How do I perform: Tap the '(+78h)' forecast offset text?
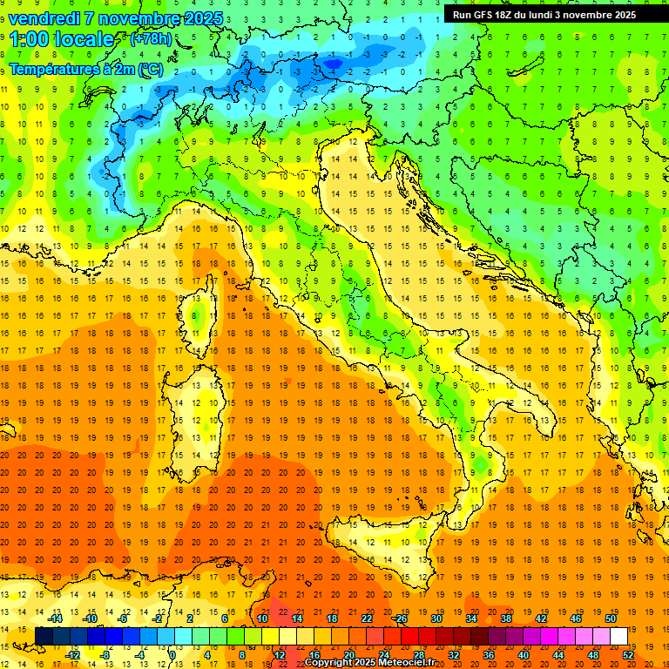pyautogui.click(x=151, y=39)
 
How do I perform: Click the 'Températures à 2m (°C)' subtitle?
pyautogui.click(x=85, y=68)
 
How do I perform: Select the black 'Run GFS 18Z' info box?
pyautogui.click(x=544, y=15)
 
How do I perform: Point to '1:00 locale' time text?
pyautogui.click(x=61, y=39)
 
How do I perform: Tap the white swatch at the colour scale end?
pyautogui.click(x=618, y=636)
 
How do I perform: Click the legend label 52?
pyautogui.click(x=628, y=654)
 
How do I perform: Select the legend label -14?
pyautogui.click(x=56, y=618)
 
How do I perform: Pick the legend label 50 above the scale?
pyautogui.click(x=611, y=618)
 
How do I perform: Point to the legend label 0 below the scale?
pyautogui.click(x=172, y=654)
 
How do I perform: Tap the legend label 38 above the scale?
pyautogui.click(x=506, y=618)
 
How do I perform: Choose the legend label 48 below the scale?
pyautogui.click(x=593, y=654)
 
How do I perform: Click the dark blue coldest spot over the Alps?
pyautogui.click(x=333, y=62)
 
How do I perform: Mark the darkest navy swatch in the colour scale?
pyautogui.click(x=44, y=636)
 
